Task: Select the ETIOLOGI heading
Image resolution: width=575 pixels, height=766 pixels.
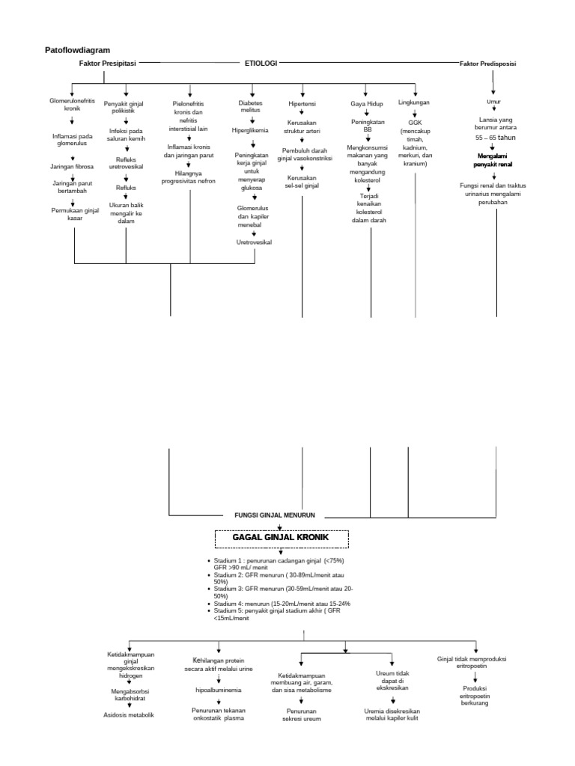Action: tap(261, 64)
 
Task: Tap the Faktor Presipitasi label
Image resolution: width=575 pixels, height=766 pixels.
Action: tap(107, 64)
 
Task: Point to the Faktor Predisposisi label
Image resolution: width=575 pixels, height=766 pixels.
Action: tap(487, 64)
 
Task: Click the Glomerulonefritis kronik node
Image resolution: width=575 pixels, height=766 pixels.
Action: tap(73, 105)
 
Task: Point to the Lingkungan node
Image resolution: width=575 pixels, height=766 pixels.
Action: tap(414, 102)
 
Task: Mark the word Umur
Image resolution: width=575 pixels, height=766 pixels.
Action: tap(493, 101)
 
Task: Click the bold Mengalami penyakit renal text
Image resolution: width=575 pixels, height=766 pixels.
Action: tap(493, 159)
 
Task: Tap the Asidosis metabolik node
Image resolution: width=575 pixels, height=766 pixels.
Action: tap(128, 715)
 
